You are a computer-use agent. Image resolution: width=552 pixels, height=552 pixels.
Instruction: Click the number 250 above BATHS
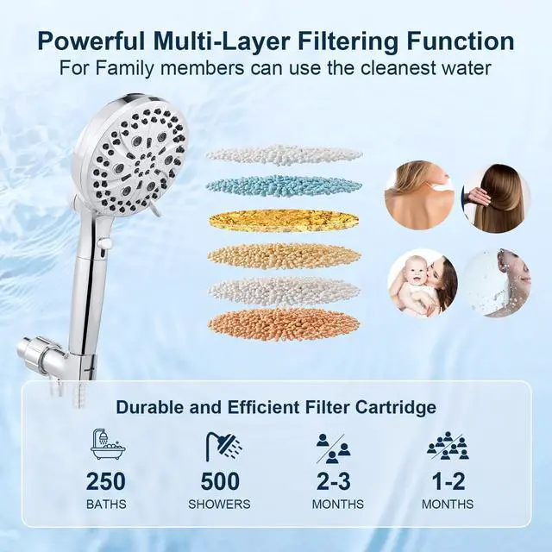105,481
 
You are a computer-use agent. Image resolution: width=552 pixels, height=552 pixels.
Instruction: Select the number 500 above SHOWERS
220,481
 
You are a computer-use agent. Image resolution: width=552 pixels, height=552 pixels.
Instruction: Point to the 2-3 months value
333,481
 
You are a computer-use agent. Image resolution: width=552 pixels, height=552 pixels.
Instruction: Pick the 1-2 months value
448,481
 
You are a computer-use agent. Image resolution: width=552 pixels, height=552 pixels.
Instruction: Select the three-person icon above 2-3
333,447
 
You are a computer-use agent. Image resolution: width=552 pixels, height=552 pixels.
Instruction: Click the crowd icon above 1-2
448,447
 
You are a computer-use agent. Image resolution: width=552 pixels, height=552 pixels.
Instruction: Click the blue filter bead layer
284,185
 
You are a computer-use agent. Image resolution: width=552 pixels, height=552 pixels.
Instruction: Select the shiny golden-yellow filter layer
284,220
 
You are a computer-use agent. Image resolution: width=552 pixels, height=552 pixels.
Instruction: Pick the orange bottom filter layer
284,323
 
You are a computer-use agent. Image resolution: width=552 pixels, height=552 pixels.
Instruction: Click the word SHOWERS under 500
220,504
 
